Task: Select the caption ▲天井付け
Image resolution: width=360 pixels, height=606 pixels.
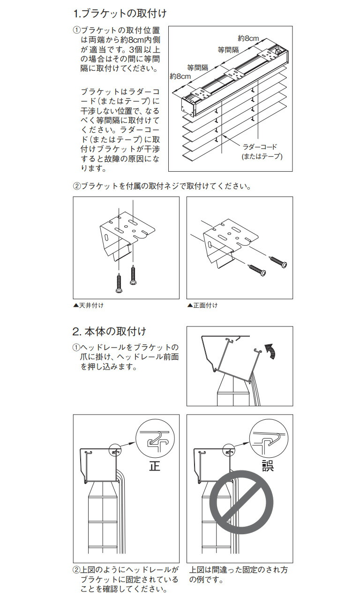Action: [89, 305]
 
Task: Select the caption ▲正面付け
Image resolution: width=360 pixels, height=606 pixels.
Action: [202, 305]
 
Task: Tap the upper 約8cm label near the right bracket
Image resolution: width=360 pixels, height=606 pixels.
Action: [248, 38]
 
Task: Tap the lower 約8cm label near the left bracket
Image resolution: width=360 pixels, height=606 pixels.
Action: [180, 76]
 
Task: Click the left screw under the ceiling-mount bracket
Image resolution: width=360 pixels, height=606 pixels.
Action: [119, 284]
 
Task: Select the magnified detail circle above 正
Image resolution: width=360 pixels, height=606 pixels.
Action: [155, 438]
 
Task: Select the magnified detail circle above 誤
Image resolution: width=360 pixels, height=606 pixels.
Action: [268, 438]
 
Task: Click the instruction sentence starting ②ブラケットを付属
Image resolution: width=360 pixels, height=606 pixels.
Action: [162, 186]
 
